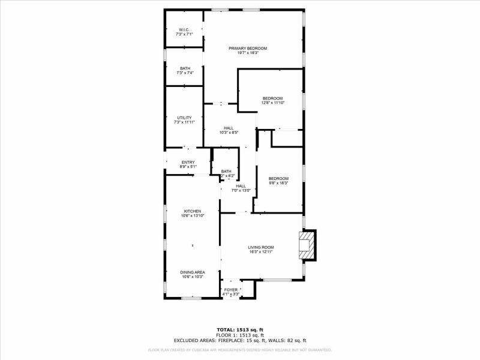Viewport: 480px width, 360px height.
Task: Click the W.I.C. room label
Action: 184,30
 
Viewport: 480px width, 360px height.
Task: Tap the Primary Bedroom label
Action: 248,48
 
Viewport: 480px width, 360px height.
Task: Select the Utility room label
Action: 184,118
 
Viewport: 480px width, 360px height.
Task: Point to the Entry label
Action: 188,162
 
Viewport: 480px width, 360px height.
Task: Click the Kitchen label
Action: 192,211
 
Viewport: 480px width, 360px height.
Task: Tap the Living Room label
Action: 261,247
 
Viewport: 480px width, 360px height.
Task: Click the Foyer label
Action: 231,290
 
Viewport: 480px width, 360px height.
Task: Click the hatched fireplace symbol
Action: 307,245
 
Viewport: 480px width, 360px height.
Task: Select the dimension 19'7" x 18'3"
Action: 248,53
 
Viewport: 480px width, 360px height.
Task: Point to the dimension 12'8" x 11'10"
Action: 272,103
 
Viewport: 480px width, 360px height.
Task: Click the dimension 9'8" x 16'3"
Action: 278,183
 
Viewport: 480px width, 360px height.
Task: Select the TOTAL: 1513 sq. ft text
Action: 240,329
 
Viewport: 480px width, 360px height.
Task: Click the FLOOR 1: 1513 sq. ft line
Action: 240,335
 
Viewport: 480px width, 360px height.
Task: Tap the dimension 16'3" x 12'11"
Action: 261,252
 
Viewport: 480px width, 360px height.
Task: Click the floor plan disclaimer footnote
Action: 240,350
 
